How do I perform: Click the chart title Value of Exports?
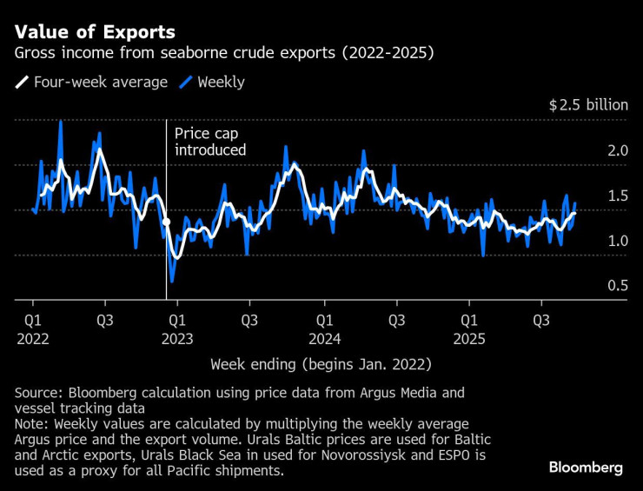tap(95, 32)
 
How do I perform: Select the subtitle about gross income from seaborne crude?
tap(224, 54)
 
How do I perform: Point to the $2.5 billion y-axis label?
tap(587, 105)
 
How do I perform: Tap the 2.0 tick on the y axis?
tap(617, 150)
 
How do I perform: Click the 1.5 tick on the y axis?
tap(617, 196)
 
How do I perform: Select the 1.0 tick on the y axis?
tap(617, 241)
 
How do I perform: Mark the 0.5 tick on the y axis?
tap(617, 286)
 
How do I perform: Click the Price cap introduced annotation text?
tap(210, 142)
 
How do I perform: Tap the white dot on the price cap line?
tap(166, 222)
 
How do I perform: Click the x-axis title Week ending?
tap(321, 363)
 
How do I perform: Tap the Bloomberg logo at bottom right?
tap(585, 468)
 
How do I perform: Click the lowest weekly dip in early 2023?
tap(172, 281)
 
